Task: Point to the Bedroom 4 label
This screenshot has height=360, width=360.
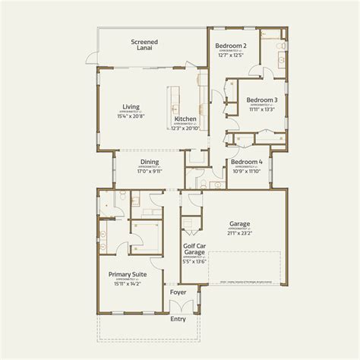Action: (246, 162)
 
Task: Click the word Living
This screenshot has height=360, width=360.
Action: (131, 106)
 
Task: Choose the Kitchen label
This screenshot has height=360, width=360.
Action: (186, 119)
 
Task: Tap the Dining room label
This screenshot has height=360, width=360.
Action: (149, 162)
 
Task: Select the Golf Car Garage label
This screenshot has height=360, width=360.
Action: (194, 251)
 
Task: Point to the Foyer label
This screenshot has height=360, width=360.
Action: (178, 291)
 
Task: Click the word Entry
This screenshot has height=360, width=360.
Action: (178, 319)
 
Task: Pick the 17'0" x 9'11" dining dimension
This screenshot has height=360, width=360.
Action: (149, 171)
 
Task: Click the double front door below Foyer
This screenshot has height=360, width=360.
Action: (178, 309)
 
